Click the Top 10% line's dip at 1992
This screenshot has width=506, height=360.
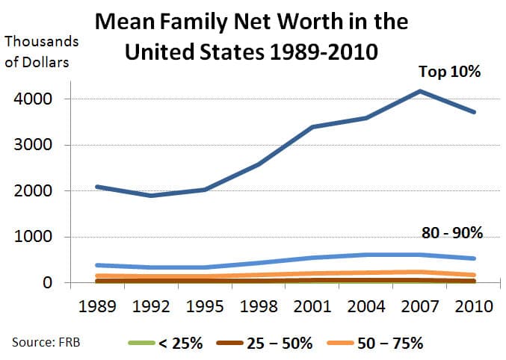[152, 196]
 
